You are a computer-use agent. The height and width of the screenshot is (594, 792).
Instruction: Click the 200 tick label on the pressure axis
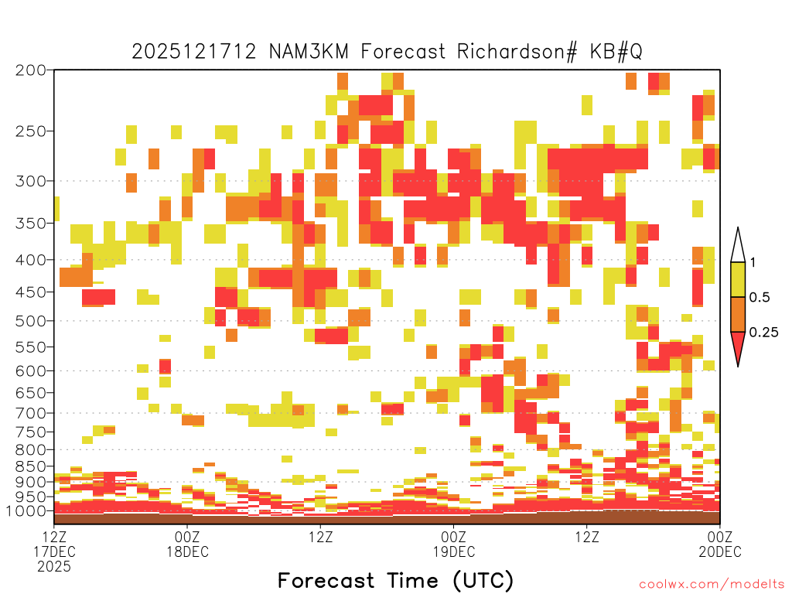coord(30,70)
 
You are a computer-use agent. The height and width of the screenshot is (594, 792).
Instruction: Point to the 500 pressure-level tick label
coord(30,321)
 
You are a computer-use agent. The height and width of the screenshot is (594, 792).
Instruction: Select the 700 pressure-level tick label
coord(30,414)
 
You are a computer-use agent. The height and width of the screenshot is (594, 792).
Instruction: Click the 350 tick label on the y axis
coord(30,224)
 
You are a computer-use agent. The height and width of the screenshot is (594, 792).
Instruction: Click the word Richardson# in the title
coord(517,52)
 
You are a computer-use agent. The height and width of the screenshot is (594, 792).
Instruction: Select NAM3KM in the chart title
coord(309,52)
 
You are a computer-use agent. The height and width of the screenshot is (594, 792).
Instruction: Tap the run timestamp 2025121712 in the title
coord(194,52)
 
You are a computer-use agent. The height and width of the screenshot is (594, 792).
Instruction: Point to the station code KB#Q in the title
coord(616,52)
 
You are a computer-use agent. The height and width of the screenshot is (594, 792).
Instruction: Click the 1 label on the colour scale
coord(753,262)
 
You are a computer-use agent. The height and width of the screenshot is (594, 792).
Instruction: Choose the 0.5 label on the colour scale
coord(760,297)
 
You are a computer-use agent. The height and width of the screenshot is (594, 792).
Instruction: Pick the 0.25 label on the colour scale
coord(763,332)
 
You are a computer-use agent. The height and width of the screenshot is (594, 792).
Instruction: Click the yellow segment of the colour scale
coord(738,279)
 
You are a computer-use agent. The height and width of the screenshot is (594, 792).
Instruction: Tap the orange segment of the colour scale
coord(738,314)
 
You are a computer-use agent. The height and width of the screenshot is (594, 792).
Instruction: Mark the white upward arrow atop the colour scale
coord(738,246)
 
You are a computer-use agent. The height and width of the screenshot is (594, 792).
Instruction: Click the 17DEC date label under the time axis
coord(55,551)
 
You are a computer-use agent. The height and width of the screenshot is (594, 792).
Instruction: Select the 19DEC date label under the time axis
coord(454,551)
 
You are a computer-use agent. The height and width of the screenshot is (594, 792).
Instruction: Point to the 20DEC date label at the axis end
coord(720,551)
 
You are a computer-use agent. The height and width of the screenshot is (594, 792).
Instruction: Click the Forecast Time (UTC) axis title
coord(395,580)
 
